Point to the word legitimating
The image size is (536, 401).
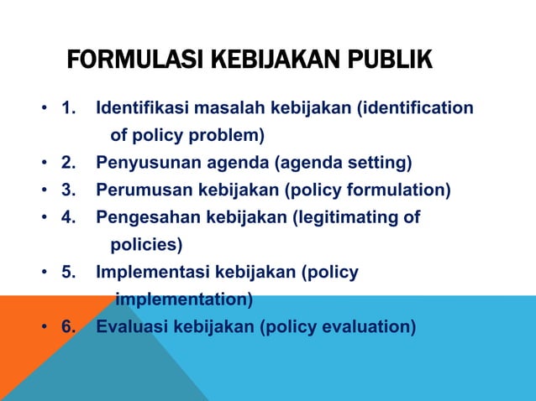pyautogui.click(x=344, y=217)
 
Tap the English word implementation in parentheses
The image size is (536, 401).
pyautogui.click(x=183, y=299)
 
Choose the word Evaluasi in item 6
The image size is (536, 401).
pyautogui.click(x=131, y=326)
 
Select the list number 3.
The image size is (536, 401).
pyautogui.click(x=68, y=190)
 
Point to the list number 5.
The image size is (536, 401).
pyautogui.click(x=68, y=272)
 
